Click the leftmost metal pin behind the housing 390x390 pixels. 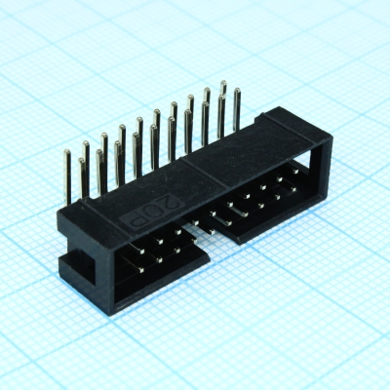(68, 175)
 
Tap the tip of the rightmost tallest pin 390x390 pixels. (236, 92)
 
